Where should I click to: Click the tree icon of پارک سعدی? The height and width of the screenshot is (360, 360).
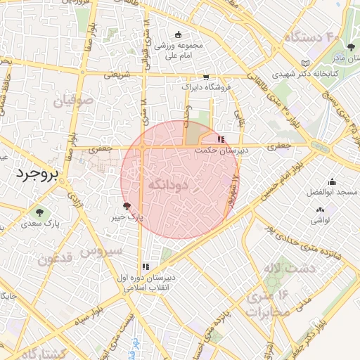(x=39, y=212)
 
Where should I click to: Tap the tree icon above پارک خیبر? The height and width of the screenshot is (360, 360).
(x=127, y=206)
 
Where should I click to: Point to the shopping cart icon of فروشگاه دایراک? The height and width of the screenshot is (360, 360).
(x=205, y=77)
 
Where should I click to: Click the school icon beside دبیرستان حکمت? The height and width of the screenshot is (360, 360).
(x=222, y=139)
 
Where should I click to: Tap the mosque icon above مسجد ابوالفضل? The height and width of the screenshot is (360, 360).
(x=332, y=181)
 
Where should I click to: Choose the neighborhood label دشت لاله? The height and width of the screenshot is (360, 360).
(x=281, y=269)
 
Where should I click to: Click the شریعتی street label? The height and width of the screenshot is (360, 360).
(x=117, y=73)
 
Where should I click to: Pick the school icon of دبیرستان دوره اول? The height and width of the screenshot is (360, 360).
(x=146, y=266)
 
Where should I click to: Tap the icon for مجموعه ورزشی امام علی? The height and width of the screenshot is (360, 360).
(x=177, y=35)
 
